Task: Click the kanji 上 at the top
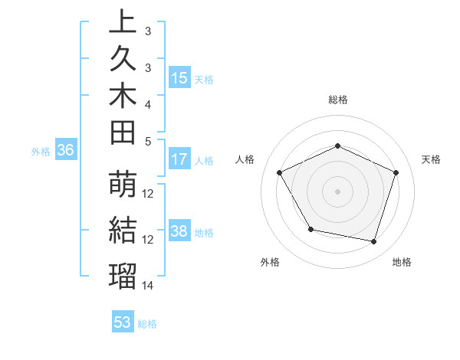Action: click(123, 22)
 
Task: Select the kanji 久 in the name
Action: click(123, 59)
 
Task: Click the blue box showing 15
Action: click(179, 78)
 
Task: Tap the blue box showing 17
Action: click(179, 160)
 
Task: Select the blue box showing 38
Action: click(179, 232)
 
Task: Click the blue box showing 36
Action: click(65, 151)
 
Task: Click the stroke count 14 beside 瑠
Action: click(148, 286)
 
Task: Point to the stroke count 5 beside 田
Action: click(148, 140)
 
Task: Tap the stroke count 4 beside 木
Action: click(148, 103)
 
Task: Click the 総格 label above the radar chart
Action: click(338, 100)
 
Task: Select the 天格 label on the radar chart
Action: click(431, 159)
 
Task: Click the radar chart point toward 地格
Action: click(374, 242)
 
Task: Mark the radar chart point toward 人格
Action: click(280, 172)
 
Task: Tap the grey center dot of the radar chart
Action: click(338, 191)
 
